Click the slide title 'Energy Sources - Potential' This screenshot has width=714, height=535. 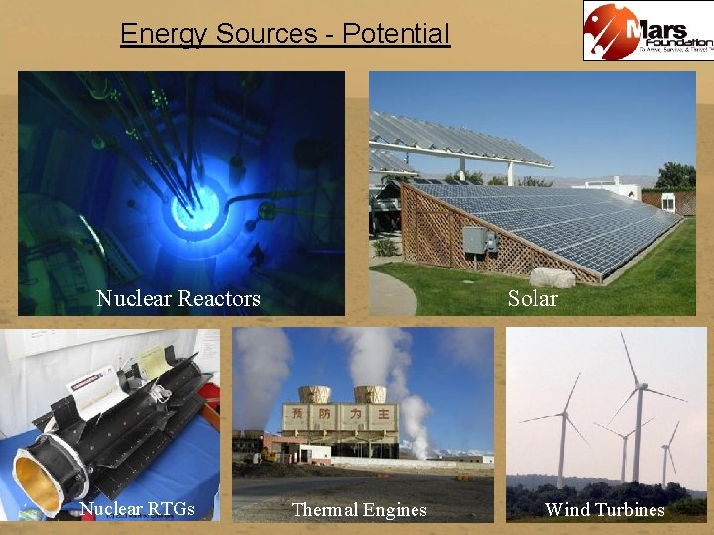285,34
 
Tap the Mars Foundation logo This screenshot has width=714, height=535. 648,32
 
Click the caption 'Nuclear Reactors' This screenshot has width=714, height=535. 178,298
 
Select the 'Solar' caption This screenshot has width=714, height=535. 533,298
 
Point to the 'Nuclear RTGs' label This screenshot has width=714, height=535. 137,509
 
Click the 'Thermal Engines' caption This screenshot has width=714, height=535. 359,510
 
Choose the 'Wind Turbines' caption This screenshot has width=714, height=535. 605,510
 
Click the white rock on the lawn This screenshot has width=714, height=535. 552,277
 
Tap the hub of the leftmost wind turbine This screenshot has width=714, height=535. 563,415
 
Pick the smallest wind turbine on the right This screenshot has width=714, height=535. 665,451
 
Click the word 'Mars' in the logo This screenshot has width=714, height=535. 655,23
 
